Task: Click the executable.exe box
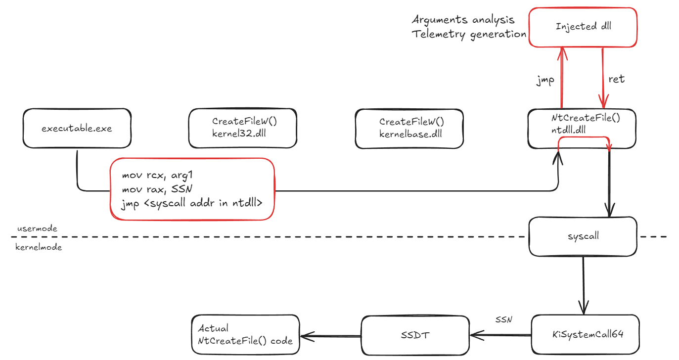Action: tap(77, 129)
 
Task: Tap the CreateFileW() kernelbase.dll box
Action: tap(409, 128)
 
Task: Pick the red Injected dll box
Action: tap(583, 27)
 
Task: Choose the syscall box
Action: tap(583, 236)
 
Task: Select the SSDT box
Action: tap(415, 335)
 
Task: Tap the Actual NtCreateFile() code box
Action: tap(245, 335)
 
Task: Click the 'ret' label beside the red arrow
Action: tap(617, 79)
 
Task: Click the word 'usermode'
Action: tap(37, 228)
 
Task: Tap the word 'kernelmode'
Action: tap(40, 247)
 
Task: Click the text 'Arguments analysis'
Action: tap(463, 20)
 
